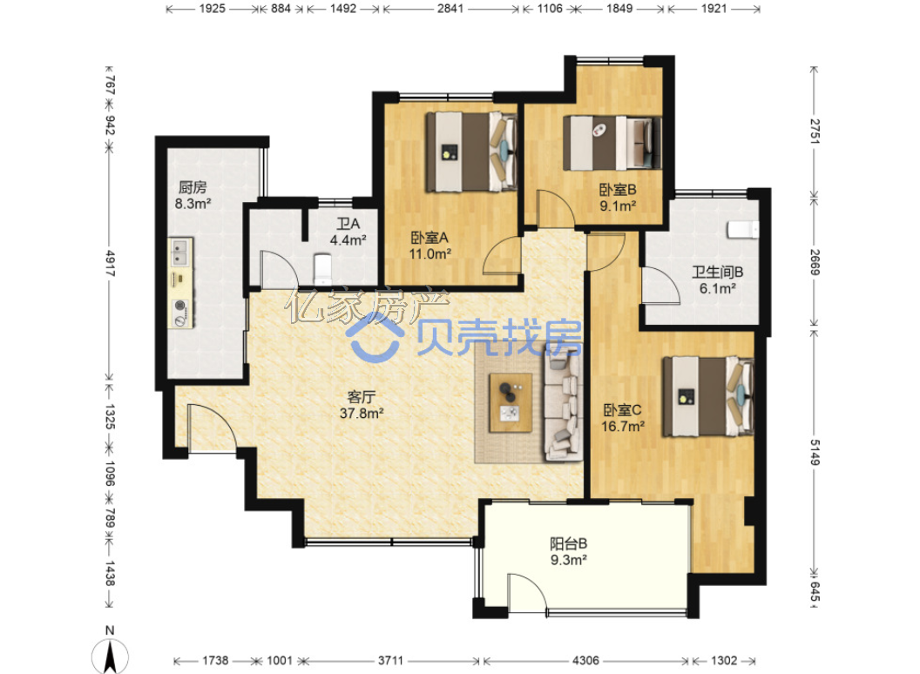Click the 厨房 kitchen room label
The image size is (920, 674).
click(193, 188)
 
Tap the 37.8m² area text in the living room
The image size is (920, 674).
click(362, 414)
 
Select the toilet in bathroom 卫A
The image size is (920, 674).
click(322, 268)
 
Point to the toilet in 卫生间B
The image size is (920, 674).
click(743, 229)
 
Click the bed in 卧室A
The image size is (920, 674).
click(470, 152)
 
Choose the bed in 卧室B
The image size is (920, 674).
click(612, 143)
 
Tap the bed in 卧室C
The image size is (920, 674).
click(707, 396)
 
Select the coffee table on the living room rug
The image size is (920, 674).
click(511, 402)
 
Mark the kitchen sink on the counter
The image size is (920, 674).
click(180, 253)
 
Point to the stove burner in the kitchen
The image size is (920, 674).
click(180, 306)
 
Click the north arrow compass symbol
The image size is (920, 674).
click(110, 656)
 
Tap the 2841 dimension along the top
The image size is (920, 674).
click(450, 9)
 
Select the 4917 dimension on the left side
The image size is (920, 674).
click(110, 263)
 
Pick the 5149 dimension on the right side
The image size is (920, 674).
click(815, 452)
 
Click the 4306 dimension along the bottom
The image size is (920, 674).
click(585, 661)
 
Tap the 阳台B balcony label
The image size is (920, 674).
click(569, 543)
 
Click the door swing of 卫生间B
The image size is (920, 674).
click(661, 286)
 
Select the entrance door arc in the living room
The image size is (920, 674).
click(212, 428)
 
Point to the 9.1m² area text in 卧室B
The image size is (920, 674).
click(618, 206)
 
